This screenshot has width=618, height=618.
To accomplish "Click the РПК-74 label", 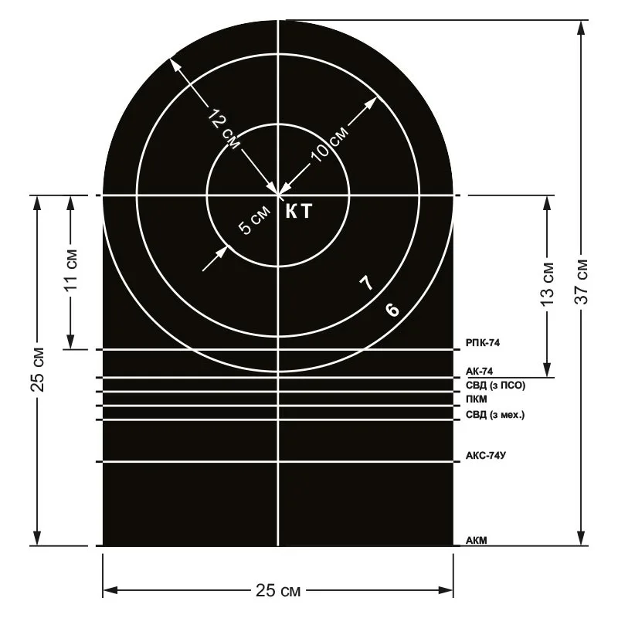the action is click(482, 343).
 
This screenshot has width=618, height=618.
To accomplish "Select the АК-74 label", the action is click(479, 372).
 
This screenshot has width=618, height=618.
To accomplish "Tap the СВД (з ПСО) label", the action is click(495, 385).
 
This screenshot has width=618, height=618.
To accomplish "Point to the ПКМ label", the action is click(477, 399).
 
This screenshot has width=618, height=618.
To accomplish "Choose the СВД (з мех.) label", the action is click(495, 415).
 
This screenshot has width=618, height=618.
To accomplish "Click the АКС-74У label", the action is click(486, 456).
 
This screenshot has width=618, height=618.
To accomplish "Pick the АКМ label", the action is click(477, 540).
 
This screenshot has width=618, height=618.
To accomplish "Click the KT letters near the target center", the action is click(299, 211).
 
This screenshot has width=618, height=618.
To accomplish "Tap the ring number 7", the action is click(366, 282).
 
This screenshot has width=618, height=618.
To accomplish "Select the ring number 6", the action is click(392, 310).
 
